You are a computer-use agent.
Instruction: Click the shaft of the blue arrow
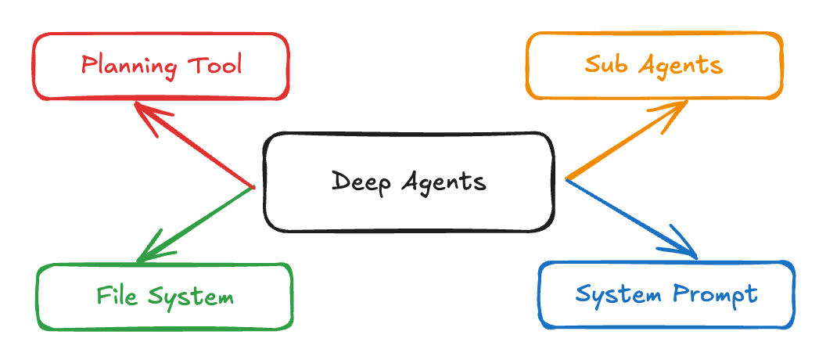(626, 215)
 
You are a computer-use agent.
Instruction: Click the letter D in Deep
(340, 182)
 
